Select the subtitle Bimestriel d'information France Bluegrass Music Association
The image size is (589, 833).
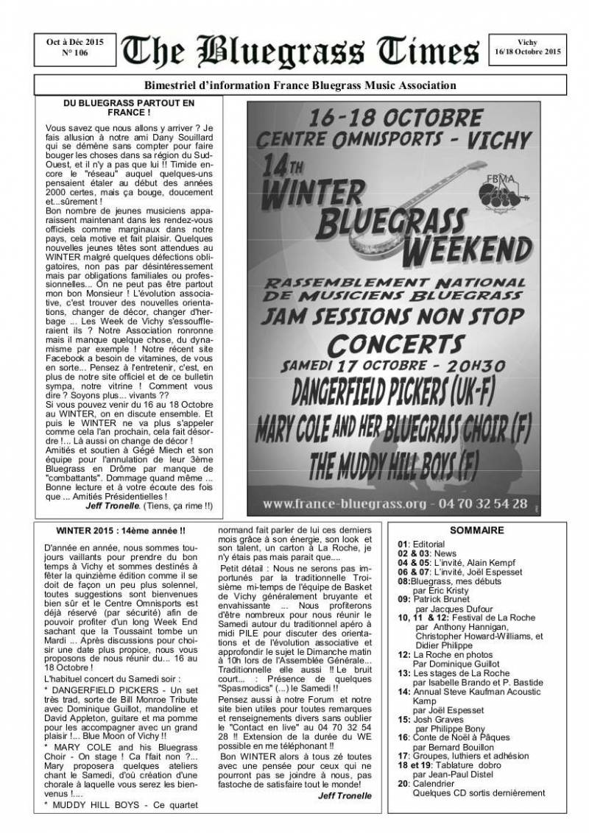(294, 86)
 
